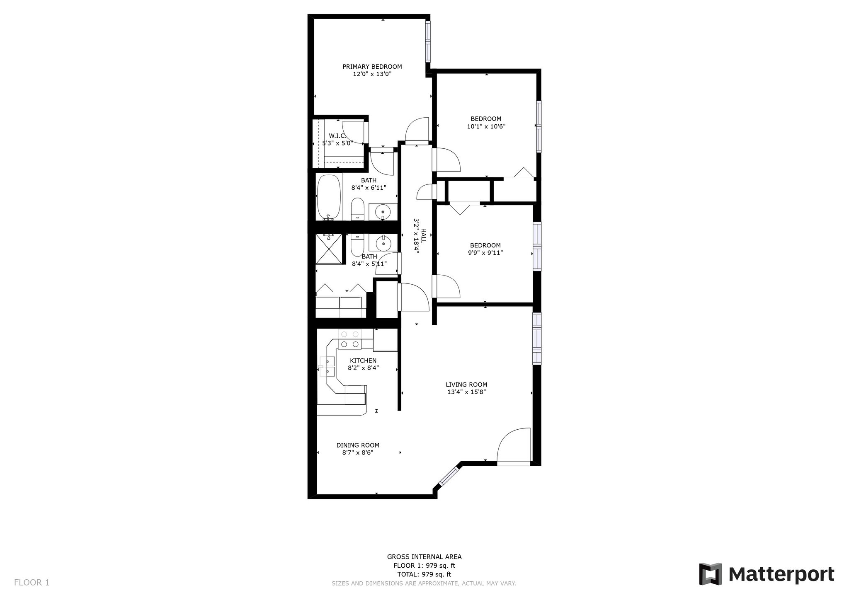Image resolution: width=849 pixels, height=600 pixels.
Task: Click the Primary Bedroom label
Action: tap(372, 67)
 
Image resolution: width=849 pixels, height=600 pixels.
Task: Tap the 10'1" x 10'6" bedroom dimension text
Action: tap(486, 126)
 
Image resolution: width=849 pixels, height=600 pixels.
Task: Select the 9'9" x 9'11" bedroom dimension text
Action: tap(485, 253)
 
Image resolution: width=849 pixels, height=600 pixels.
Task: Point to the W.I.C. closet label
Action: tap(337, 136)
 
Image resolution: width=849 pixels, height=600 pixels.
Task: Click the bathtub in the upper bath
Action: tap(329, 197)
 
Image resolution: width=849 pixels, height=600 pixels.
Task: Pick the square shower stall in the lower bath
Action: tap(329, 249)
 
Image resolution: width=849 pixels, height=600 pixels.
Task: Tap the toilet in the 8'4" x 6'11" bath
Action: tap(357, 209)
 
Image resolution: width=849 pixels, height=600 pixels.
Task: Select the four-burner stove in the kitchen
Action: tap(350, 339)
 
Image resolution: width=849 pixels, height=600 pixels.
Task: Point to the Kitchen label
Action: tap(363, 361)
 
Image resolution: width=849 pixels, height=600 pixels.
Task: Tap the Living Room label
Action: tap(466, 385)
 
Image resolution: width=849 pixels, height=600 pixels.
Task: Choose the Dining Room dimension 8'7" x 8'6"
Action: tap(358, 453)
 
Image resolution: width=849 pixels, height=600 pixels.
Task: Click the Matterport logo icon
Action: tap(711, 574)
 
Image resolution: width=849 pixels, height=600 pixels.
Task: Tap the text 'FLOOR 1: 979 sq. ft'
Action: tap(424, 566)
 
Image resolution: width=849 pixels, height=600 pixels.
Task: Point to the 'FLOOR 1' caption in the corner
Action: tap(32, 583)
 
